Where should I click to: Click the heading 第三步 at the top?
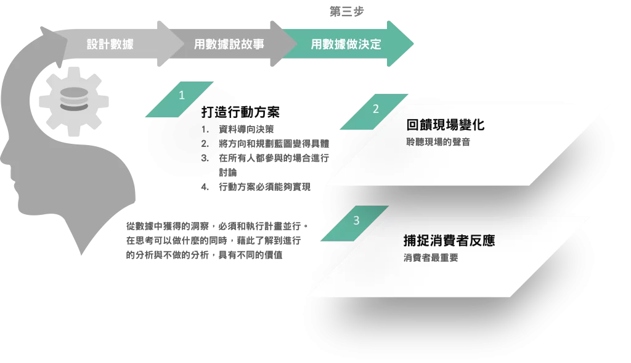tap(346, 10)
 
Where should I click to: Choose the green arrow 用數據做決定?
tap(346, 44)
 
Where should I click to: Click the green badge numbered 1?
tap(181, 96)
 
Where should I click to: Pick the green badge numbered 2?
tap(376, 109)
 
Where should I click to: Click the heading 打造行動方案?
tap(241, 112)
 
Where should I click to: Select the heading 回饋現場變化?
tap(445, 125)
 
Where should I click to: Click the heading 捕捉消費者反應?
tap(449, 240)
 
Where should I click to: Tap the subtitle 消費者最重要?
tap(431, 258)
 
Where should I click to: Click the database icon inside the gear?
tap(73, 102)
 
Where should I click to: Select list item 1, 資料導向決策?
tap(246, 130)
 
